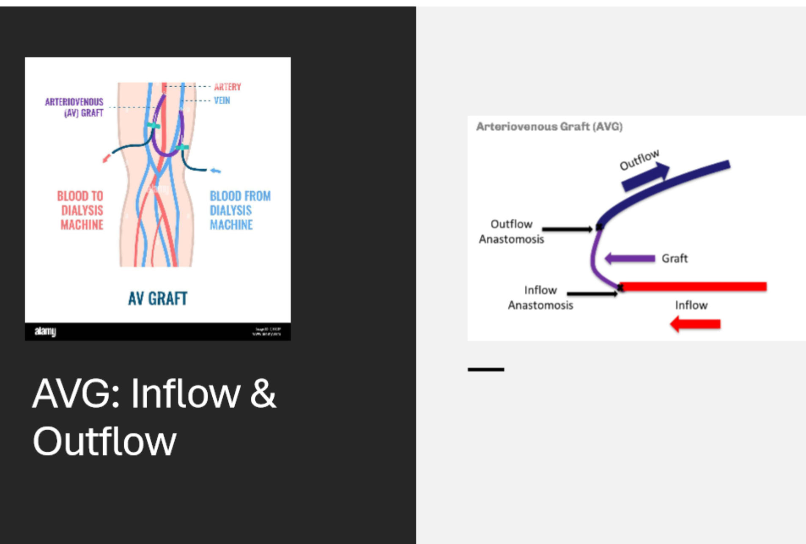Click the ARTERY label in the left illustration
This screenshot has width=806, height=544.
227,87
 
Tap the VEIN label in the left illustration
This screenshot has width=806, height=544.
222,101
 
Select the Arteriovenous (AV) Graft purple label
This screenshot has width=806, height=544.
74,107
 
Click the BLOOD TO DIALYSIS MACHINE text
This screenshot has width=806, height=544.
80,210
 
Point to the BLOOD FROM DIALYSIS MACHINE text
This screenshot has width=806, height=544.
240,210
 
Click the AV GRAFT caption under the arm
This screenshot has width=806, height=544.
157,299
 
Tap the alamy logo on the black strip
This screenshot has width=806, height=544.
45,331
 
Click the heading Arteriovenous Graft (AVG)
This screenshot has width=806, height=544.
549,126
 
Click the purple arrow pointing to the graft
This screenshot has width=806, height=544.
630,258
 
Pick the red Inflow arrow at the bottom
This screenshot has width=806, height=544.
695,324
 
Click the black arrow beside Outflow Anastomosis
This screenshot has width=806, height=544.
567,229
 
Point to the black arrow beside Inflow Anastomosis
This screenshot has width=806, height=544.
592,293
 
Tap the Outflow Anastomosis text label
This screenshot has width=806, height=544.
511,231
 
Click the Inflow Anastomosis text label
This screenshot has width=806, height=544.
540,297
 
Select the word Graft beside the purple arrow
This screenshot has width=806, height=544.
674,258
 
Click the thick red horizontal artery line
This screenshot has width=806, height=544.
694,287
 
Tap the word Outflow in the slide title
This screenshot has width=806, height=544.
104,441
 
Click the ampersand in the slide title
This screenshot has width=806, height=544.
263,394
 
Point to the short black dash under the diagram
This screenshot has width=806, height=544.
485,369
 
